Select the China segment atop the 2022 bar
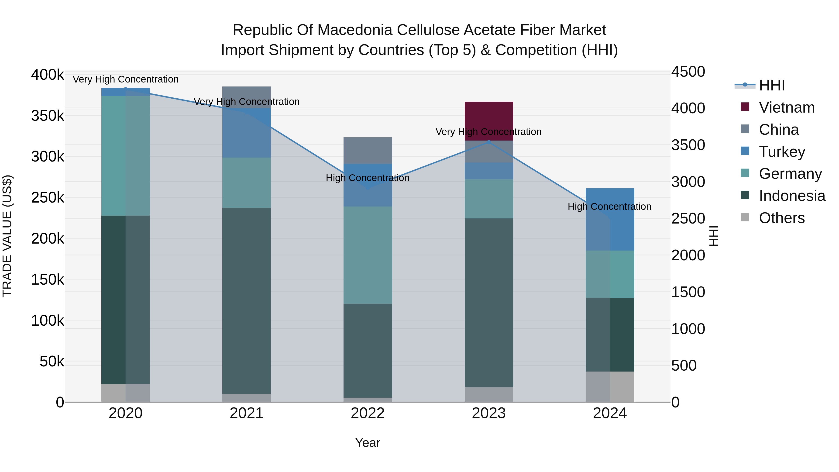[x=368, y=150]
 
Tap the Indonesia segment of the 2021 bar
[x=247, y=300]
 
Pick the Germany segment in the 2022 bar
[x=368, y=255]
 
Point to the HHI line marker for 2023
[x=488, y=142]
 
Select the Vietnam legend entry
[x=786, y=107]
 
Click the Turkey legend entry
[x=782, y=152]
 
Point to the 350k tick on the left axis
[x=48, y=116]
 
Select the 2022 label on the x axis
[x=368, y=413]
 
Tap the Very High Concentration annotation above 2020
[x=126, y=79]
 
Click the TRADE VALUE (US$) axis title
[x=7, y=236]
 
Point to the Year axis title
[x=368, y=443]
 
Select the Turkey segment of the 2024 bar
[x=610, y=219]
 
